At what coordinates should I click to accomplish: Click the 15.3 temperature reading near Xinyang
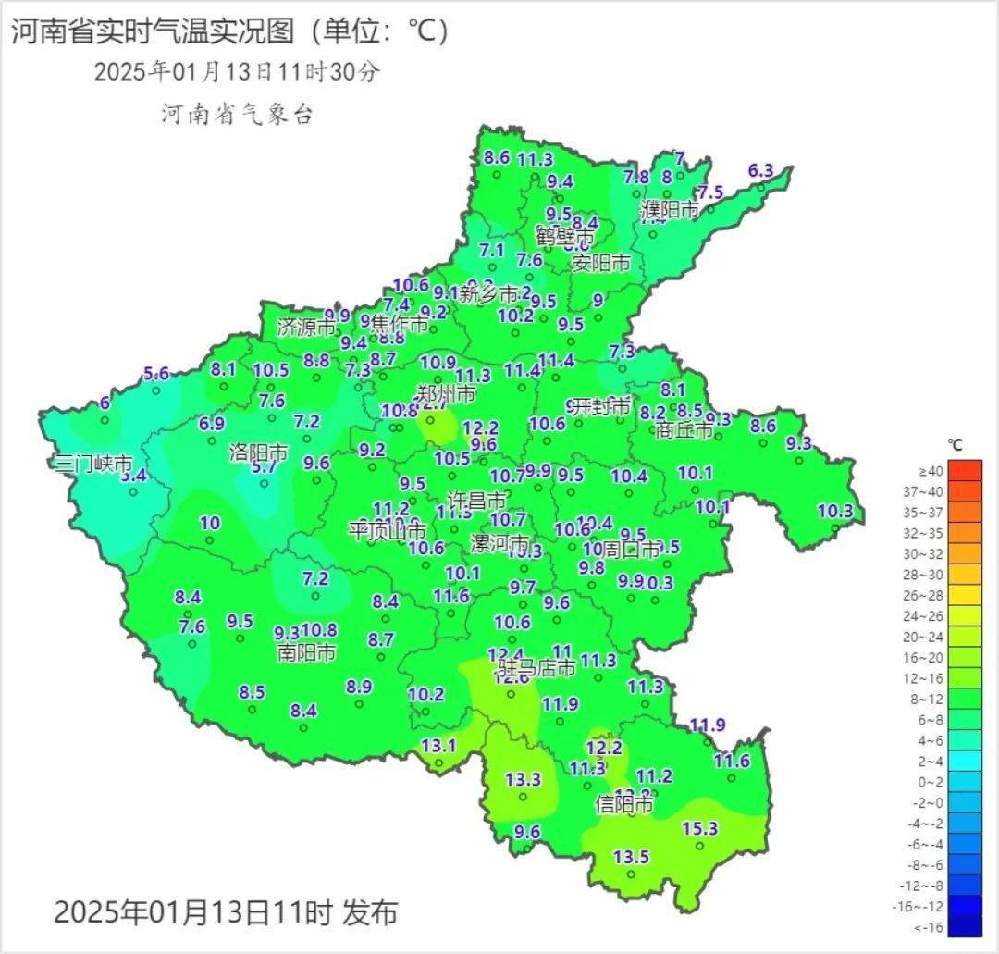(700, 828)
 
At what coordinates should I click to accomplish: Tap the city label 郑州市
(446, 394)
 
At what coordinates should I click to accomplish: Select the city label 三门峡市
(93, 464)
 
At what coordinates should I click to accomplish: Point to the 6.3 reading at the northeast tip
(760, 170)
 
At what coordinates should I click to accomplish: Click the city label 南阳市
(306, 652)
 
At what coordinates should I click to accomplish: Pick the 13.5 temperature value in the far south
(631, 857)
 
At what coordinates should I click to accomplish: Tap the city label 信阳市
(625, 803)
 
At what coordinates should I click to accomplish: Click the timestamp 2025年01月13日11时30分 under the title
(237, 72)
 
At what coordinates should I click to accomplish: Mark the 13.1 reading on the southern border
(438, 746)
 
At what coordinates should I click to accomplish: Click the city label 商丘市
(684, 430)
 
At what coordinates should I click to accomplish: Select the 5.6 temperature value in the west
(156, 374)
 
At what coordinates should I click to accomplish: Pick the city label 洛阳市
(258, 453)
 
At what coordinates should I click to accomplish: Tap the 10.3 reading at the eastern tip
(835, 511)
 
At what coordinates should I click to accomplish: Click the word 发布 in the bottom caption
(369, 912)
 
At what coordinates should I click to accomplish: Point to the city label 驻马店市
(537, 667)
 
